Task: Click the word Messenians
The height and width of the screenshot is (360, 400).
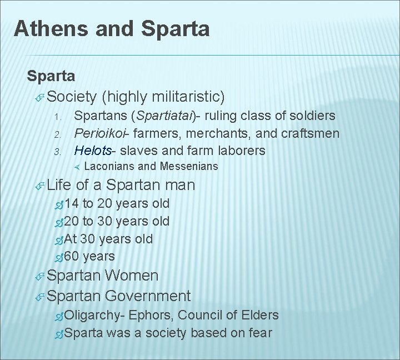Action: click(189, 166)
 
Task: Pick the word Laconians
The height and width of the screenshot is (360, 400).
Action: click(109, 166)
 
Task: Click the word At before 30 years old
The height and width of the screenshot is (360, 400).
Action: click(70, 239)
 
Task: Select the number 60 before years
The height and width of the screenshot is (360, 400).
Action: click(72, 257)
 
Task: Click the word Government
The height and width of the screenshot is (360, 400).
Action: click(147, 296)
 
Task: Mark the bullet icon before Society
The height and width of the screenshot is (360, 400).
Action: click(39, 98)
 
